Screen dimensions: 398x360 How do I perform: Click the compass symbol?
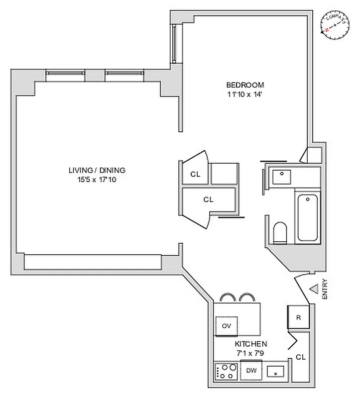pos(334,26)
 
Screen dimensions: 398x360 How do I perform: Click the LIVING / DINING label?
pos(97,170)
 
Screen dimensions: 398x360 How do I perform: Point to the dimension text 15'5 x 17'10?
pos(97,179)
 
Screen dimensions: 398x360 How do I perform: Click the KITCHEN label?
pos(251,344)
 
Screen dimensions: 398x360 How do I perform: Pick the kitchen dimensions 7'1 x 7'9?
pos(251,352)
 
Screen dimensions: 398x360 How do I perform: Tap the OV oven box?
pos(226,326)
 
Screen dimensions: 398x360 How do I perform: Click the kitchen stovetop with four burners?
pos(226,371)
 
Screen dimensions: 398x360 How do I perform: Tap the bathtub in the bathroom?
pos(307,218)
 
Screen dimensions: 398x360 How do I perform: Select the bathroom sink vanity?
pos(282,176)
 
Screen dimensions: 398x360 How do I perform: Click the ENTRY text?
pos(325,289)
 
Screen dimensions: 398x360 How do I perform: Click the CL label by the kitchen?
pos(300,357)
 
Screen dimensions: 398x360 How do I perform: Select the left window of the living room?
pos(66,75)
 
